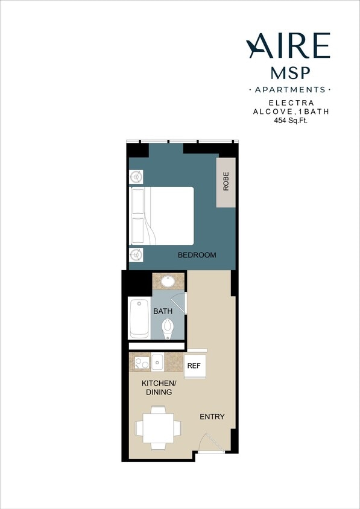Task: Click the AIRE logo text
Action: click(288, 46)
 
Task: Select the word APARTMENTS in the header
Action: click(290, 90)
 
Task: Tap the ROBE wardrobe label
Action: click(226, 182)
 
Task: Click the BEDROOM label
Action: click(197, 255)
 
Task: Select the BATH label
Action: click(163, 311)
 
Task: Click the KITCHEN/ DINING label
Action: click(157, 388)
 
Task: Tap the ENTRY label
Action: click(212, 417)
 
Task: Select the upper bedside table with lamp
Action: click(137, 177)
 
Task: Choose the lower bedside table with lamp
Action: click(137, 255)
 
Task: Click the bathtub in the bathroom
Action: click(140, 318)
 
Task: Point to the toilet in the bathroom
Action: click(169, 328)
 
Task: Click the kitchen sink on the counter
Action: click(157, 362)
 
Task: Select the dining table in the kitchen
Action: click(158, 428)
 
